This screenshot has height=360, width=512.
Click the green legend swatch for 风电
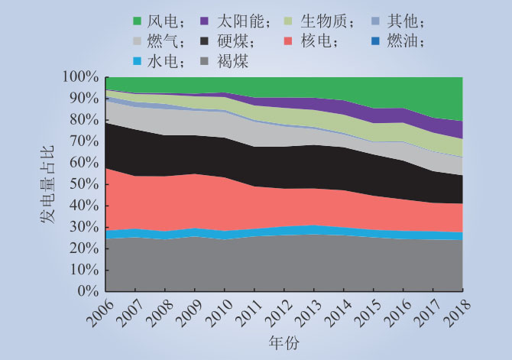(x=138, y=21)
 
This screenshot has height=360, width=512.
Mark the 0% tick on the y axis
(x=88, y=291)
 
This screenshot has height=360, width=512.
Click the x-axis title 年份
(x=284, y=341)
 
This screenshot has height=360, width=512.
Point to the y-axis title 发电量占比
(x=47, y=185)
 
